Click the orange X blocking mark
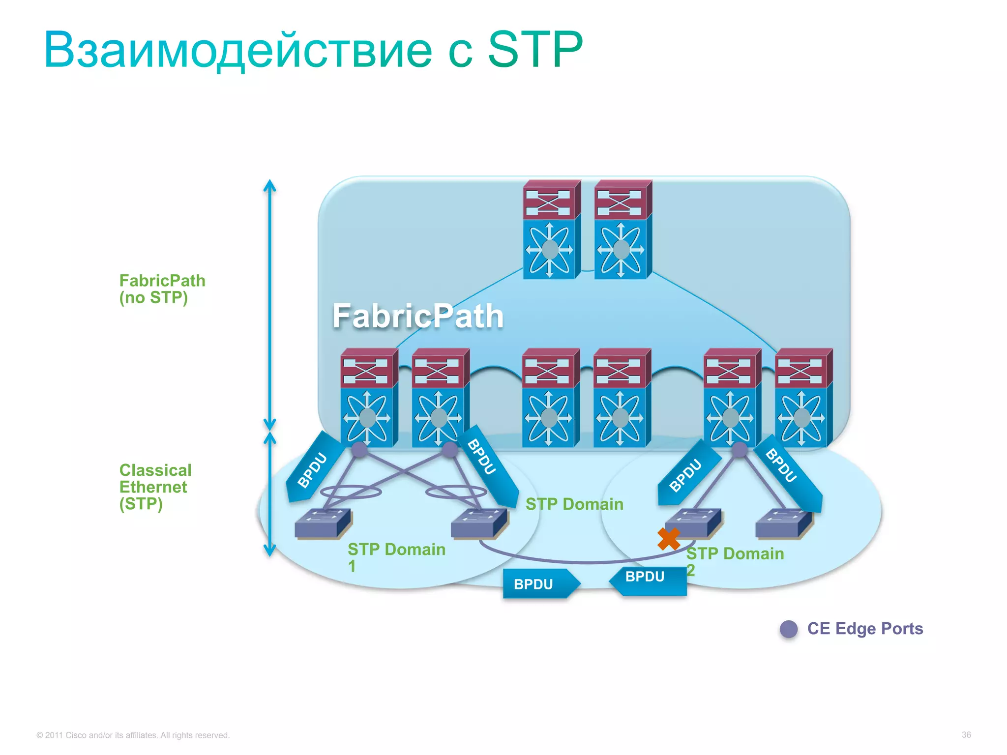[x=669, y=539]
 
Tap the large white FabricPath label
[x=418, y=316]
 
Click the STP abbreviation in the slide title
[x=535, y=49]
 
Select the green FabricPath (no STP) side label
[x=162, y=289]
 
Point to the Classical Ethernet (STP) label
[x=155, y=487]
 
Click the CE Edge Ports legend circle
[x=789, y=629]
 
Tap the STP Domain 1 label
[x=396, y=557]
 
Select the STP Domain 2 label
[x=735, y=561]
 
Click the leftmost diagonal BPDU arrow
[x=314, y=469]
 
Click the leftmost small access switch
[x=323, y=523]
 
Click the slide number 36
[x=966, y=735]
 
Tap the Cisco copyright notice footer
[x=133, y=735]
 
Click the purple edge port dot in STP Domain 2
[x=740, y=449]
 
